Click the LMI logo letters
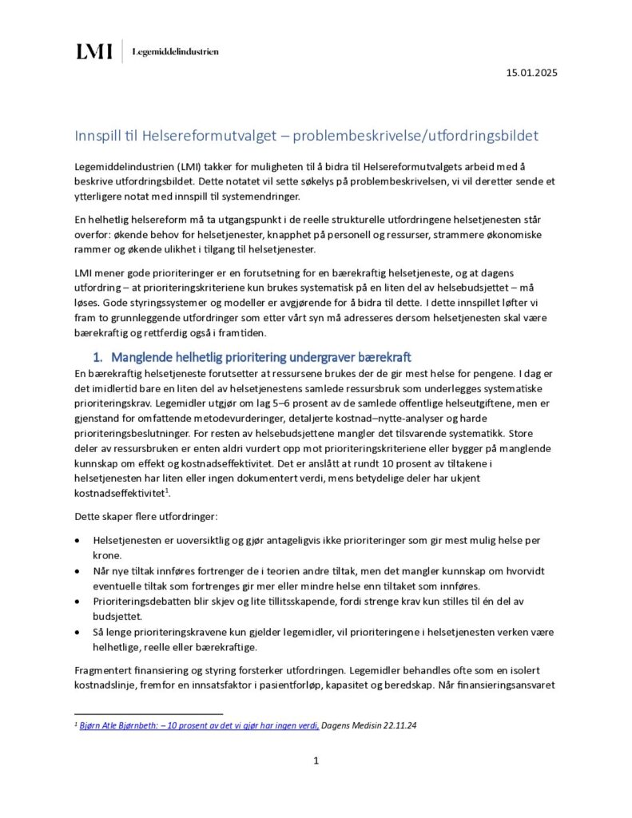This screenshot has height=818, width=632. (94, 52)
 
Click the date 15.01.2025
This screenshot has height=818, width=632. (531, 73)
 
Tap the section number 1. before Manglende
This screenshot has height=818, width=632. (100, 356)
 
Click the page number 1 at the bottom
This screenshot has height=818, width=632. (316, 760)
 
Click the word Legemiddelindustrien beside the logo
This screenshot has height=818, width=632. (174, 52)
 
